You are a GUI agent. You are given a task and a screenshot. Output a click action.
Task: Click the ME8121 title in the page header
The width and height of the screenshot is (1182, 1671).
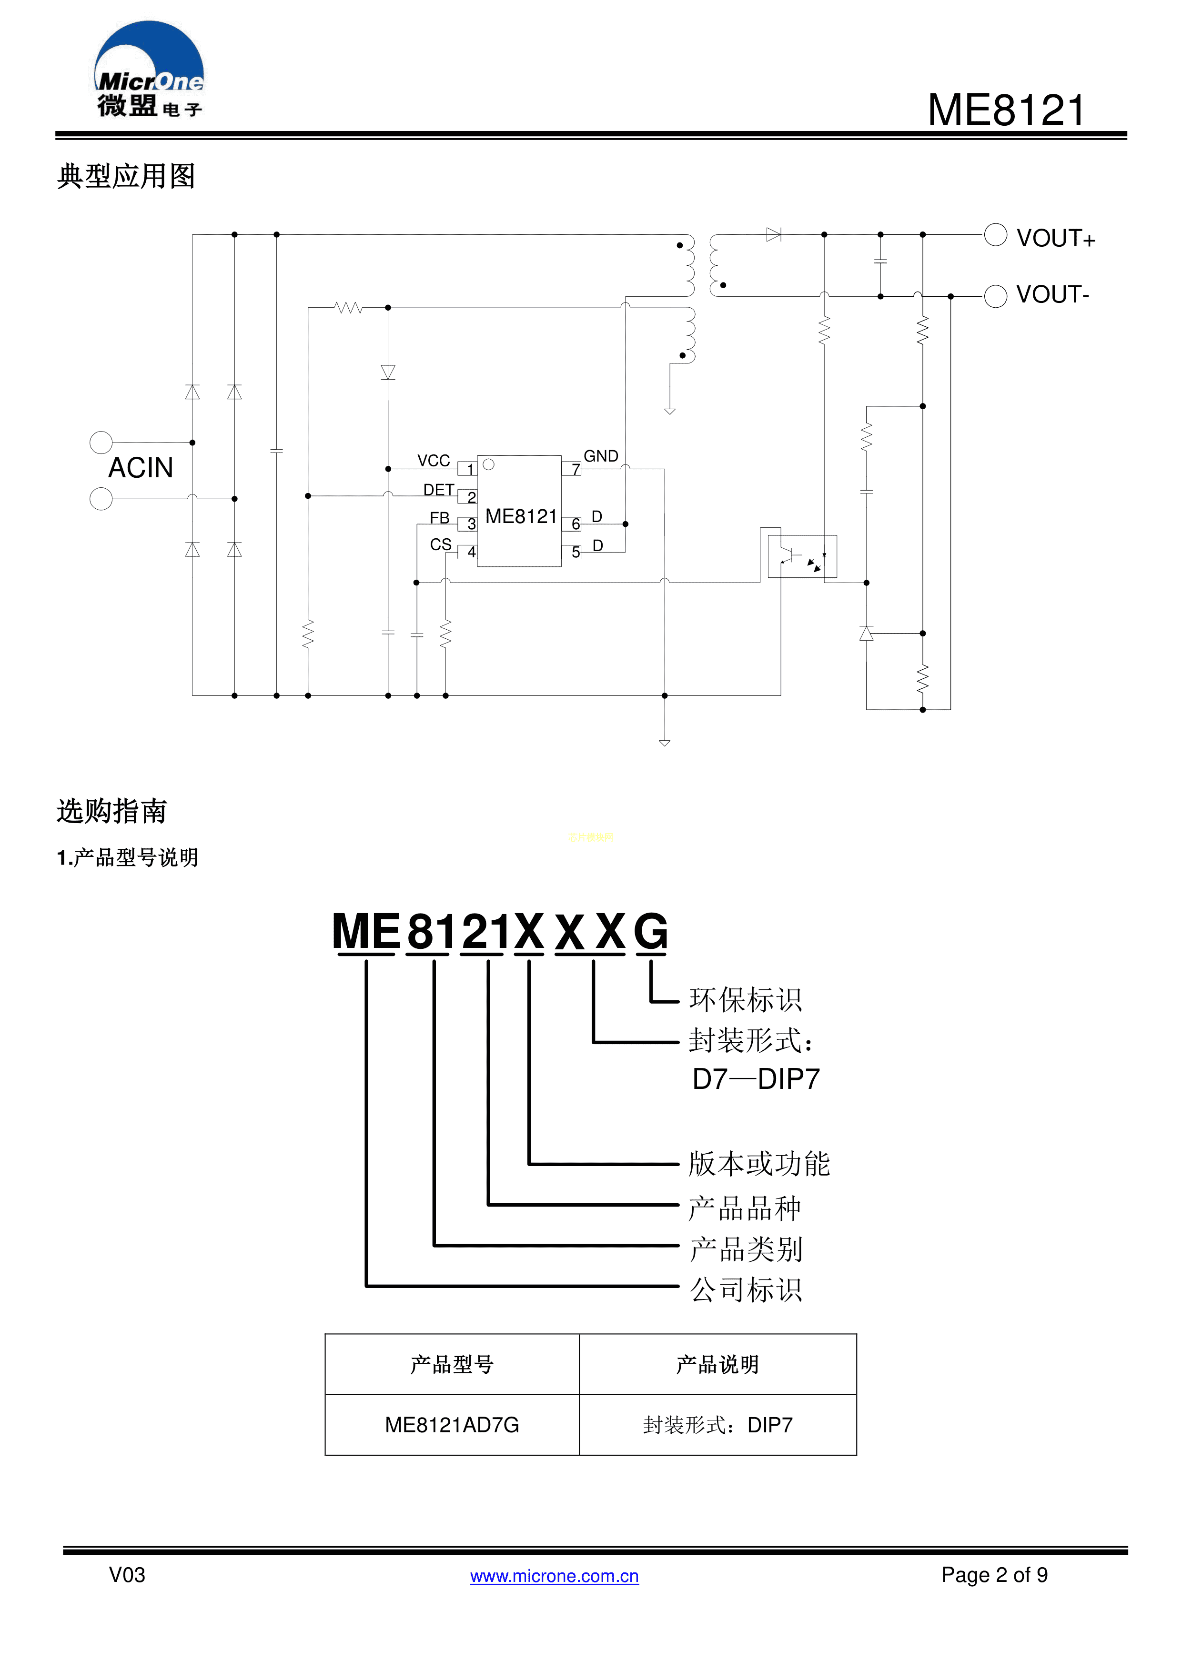point(1007,111)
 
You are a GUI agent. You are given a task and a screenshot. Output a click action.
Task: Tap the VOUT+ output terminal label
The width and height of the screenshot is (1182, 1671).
point(1055,239)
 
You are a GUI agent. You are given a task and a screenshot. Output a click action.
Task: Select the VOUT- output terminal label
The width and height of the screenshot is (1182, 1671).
point(1052,295)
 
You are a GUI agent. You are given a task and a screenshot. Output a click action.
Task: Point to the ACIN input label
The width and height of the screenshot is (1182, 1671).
point(141,468)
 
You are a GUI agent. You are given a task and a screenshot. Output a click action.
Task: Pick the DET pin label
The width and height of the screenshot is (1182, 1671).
point(438,490)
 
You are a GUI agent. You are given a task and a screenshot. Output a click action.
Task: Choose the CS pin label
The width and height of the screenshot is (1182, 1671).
point(440,544)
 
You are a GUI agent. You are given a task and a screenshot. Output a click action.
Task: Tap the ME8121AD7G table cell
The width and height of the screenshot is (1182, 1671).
point(452,1425)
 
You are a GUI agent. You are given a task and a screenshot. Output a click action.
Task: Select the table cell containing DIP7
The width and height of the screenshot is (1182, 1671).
point(717,1425)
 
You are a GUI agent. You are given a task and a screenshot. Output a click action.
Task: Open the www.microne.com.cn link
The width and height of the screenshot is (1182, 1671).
point(554,1576)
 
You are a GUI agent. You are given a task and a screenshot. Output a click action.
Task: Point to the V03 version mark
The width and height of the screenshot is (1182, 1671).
point(127,1575)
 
